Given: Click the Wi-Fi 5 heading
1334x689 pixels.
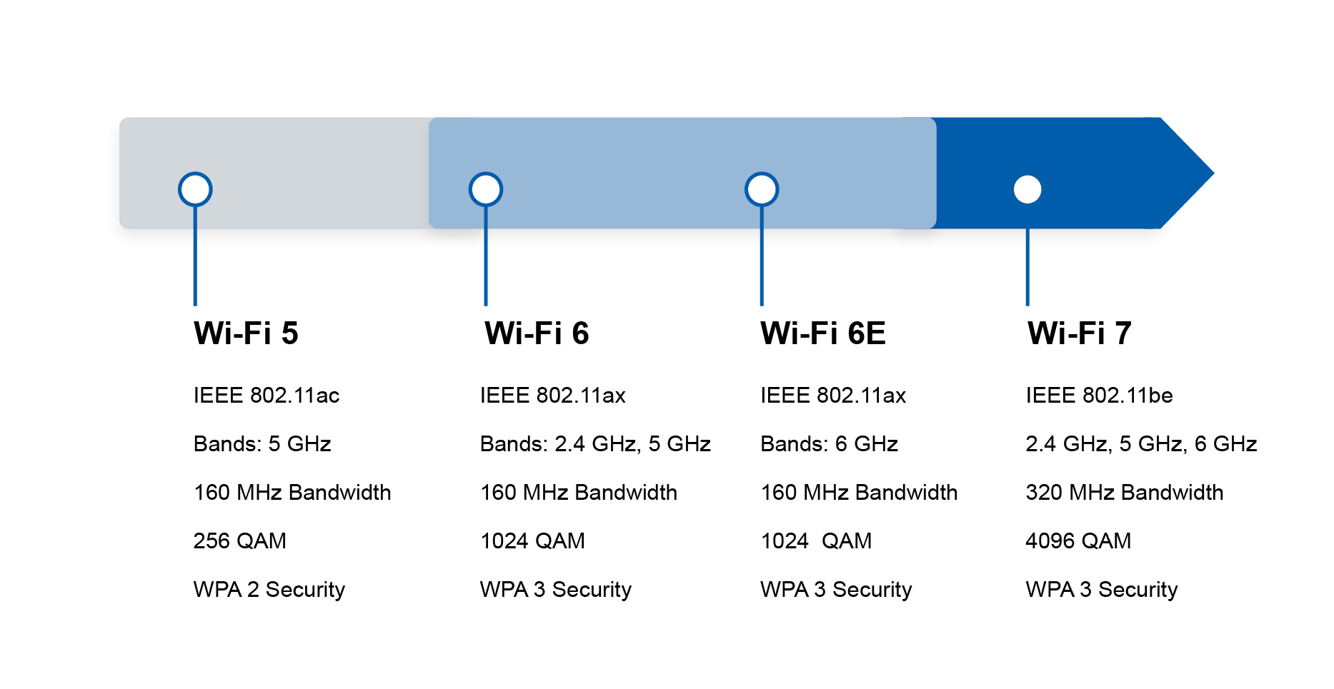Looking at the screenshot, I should click(x=246, y=333).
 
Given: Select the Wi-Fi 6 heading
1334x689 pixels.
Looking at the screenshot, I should click(x=537, y=333).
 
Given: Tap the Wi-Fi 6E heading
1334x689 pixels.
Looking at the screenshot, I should click(x=822, y=333).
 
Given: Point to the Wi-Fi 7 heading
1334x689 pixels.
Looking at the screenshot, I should click(x=1079, y=333).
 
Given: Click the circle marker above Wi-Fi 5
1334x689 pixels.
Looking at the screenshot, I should click(x=195, y=189).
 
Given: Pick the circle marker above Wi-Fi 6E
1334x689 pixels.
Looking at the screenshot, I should click(x=762, y=189).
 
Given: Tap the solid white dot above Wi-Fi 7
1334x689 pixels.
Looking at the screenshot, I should click(x=1027, y=189).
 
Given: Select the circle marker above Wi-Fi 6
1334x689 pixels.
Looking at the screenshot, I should click(x=486, y=189).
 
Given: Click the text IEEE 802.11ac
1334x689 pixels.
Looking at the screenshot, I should click(x=266, y=396).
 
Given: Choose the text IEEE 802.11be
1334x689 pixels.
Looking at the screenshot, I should click(x=1099, y=396).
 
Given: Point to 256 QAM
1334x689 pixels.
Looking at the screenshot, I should click(x=239, y=541).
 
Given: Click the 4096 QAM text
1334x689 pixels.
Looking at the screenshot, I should click(x=1078, y=541).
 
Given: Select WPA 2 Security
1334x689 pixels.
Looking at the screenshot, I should click(x=269, y=590).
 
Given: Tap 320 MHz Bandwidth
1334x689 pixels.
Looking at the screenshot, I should click(x=1124, y=493).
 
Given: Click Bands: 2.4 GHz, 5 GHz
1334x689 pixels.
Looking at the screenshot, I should click(x=595, y=444).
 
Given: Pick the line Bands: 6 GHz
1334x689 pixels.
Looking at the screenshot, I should click(x=829, y=444).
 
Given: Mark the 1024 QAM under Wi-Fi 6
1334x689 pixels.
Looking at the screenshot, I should click(x=532, y=541).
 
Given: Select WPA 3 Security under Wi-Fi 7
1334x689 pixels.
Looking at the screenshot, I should click(x=1101, y=590).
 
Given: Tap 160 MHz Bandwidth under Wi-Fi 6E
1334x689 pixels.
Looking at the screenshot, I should click(x=859, y=493).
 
